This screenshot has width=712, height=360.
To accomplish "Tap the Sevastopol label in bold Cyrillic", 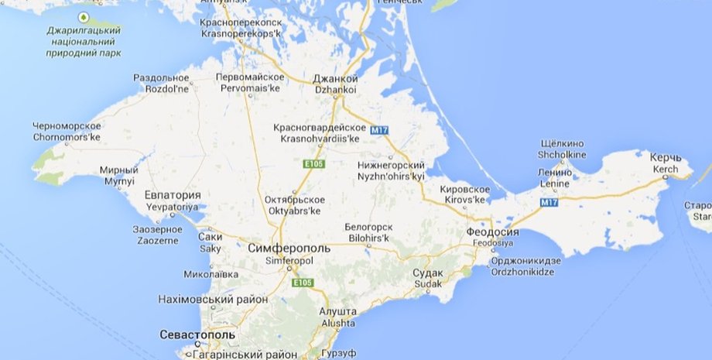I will pos(197,334).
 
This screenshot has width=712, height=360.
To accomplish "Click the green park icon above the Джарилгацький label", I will pos(82,16).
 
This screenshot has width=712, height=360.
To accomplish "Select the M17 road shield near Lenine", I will pos(549,202).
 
